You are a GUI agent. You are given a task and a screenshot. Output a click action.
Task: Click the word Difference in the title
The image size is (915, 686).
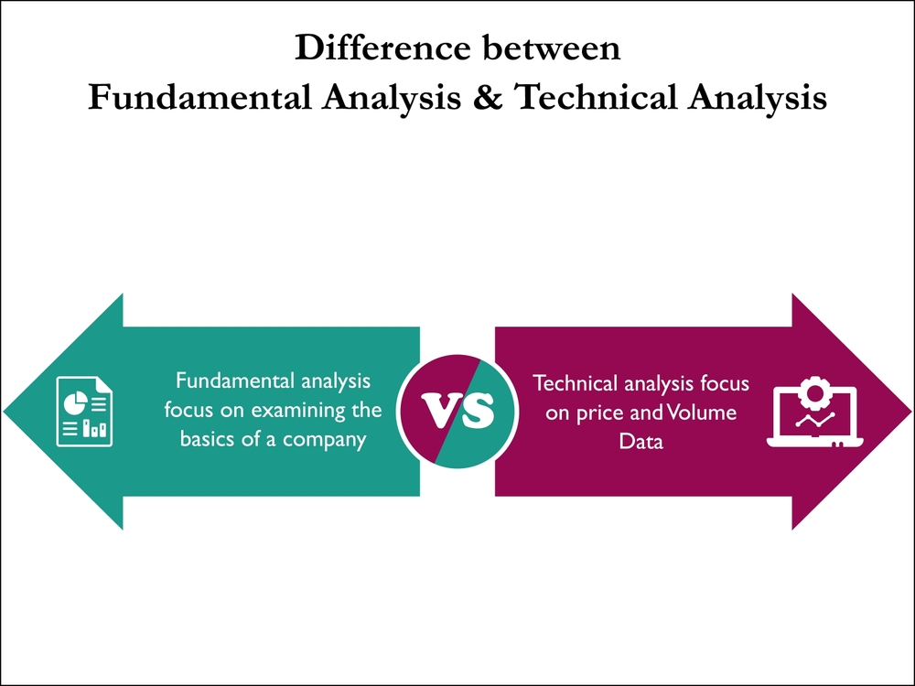point(382,48)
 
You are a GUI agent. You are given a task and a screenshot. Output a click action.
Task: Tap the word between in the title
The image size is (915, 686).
point(551,48)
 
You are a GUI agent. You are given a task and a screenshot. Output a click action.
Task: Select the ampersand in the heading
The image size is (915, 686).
point(488,97)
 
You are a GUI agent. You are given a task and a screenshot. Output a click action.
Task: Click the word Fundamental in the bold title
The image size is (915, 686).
point(199,97)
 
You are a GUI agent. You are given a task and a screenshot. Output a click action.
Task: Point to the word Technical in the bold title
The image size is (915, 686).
point(597,97)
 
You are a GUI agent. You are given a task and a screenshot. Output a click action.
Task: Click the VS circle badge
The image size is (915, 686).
point(457,412)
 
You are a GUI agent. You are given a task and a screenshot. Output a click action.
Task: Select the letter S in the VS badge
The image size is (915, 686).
point(477,411)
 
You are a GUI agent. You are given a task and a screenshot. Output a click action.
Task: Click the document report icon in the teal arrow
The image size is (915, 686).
point(84,412)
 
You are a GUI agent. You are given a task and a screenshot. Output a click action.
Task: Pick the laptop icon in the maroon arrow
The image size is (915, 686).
point(814,415)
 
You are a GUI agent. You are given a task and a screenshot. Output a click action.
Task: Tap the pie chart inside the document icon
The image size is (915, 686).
point(75,402)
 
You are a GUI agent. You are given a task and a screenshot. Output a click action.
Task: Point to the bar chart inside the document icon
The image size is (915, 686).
point(94,428)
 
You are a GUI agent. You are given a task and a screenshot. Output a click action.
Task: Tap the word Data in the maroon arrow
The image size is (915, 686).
point(640,442)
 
